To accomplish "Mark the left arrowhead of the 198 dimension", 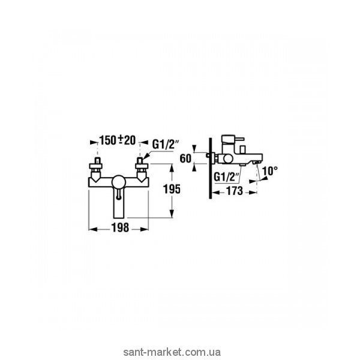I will (x=91, y=229).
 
